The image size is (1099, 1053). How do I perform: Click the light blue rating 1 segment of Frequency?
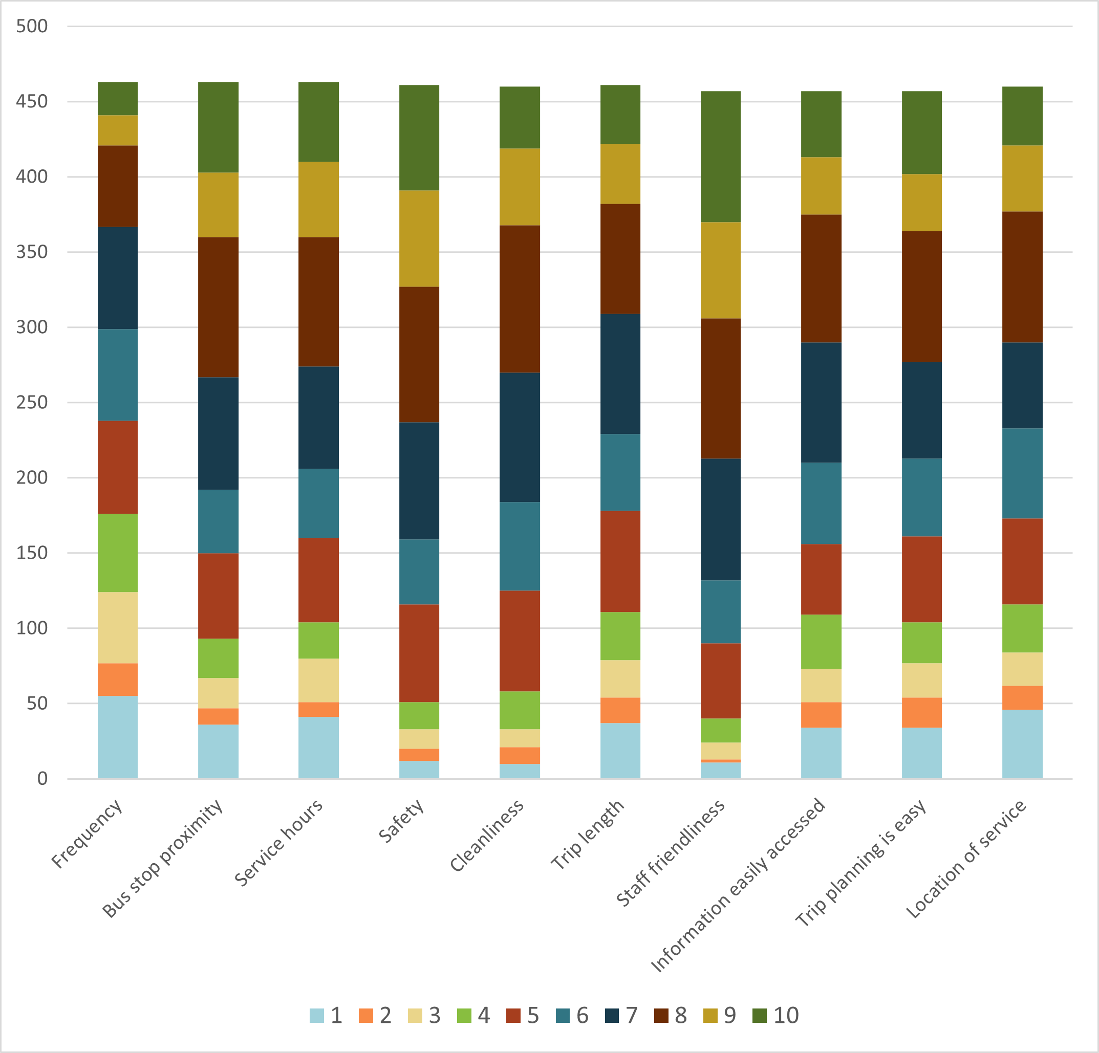pyautogui.click(x=118, y=737)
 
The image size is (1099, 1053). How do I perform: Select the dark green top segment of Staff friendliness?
pyautogui.click(x=721, y=157)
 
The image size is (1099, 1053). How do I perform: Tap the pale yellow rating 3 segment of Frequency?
pyautogui.click(x=118, y=628)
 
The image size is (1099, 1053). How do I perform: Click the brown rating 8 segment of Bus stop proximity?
pyautogui.click(x=218, y=307)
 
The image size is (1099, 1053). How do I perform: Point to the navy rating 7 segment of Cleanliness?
pyautogui.click(x=520, y=437)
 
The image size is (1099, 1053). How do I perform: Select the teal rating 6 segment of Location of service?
pyautogui.click(x=1022, y=473)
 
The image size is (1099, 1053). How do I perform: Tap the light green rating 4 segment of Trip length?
pyautogui.click(x=620, y=635)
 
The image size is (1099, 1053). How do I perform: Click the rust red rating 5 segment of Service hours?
pyautogui.click(x=318, y=580)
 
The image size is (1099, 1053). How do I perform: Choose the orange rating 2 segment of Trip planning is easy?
pyautogui.click(x=922, y=712)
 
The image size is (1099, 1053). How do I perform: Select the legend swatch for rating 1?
pyautogui.click(x=317, y=1016)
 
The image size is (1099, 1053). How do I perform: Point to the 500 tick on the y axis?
pyautogui.click(x=32, y=26)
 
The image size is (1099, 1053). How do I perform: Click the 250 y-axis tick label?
pyautogui.click(x=32, y=402)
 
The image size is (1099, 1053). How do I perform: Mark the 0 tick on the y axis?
pyautogui.click(x=42, y=778)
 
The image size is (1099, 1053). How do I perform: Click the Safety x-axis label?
pyautogui.click(x=401, y=821)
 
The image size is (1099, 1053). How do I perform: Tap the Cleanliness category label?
pyautogui.click(x=487, y=836)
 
